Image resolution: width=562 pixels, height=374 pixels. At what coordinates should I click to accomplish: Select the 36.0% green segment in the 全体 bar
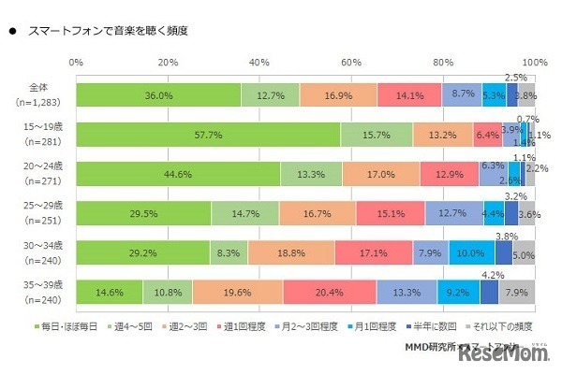pos(158,95)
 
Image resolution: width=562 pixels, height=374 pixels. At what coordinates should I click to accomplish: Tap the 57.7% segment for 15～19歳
pos(208,135)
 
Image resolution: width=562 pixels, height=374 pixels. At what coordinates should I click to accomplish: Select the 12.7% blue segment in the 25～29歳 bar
pos(454,213)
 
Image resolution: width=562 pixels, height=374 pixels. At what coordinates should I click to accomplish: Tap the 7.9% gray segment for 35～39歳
pos(517,292)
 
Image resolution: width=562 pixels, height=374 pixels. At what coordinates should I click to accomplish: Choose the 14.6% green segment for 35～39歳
pos(110,292)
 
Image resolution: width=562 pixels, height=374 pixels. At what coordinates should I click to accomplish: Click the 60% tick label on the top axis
pos(351,63)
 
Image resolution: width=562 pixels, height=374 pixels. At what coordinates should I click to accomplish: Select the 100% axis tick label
pos(533,63)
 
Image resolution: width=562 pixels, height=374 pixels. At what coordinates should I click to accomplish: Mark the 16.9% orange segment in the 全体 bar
pos(339,95)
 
